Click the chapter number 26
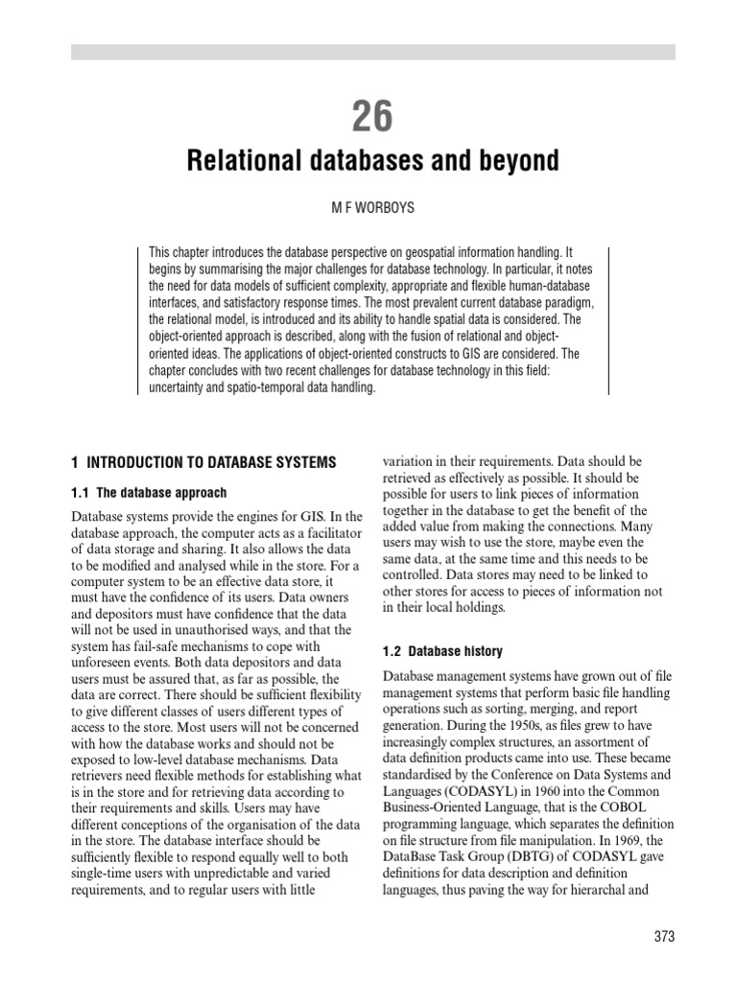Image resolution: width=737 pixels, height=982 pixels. pos(372,116)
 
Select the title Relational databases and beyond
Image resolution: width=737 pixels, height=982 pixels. pos(372,160)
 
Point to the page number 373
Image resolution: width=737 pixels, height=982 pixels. pos(662,936)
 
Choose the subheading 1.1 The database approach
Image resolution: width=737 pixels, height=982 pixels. pos(150,493)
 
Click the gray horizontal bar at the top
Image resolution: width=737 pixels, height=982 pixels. pos(372,52)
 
